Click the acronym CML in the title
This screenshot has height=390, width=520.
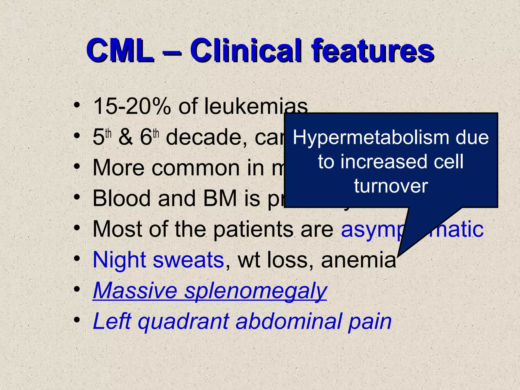coord(120,51)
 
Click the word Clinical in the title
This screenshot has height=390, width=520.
coord(245,51)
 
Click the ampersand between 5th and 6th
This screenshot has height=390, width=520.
coord(126,137)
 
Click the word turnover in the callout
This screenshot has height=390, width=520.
coord(391,186)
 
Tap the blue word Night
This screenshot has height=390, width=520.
coord(120,260)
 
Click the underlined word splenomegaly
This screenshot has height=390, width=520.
coord(255,291)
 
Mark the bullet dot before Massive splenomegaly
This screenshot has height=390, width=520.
coord(77,289)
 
